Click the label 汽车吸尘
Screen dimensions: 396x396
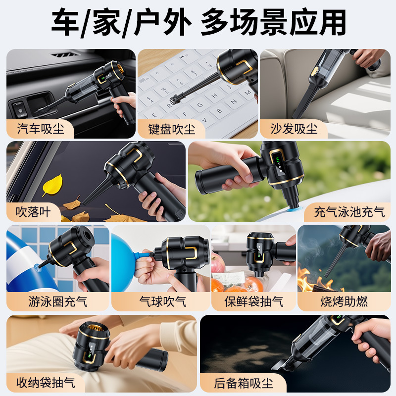(41, 129)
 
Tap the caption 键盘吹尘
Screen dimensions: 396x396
(172, 129)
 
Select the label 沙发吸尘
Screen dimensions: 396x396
(294, 129)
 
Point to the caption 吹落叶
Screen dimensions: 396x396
(33, 212)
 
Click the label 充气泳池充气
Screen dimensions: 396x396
(349, 212)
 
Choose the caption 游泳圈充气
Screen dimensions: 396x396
(58, 301)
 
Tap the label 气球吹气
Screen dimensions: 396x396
(163, 301)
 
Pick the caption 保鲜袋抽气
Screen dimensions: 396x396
(254, 301)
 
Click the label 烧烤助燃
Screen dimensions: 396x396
(344, 301)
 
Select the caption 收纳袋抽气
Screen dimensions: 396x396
(46, 383)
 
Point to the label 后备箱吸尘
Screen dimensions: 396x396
(244, 383)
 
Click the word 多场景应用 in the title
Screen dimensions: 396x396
(273, 22)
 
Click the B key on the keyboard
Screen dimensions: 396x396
(219, 111)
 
